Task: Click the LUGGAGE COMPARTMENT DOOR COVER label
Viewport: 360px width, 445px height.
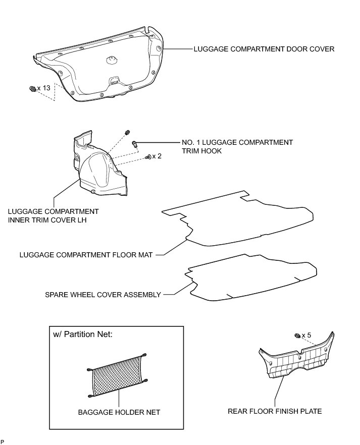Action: tap(264, 49)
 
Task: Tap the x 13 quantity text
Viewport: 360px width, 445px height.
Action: tap(44, 88)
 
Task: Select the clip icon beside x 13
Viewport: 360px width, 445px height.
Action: tap(33, 89)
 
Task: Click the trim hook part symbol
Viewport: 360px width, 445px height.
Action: tap(135, 145)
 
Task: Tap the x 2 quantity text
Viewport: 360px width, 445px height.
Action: tap(157, 156)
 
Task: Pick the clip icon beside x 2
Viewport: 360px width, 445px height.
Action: tap(147, 157)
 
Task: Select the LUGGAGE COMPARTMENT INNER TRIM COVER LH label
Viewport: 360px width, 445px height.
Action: tap(53, 215)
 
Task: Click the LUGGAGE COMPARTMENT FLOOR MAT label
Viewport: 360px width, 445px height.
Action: tap(86, 255)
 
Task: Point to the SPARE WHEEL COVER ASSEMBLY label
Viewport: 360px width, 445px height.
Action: tap(102, 295)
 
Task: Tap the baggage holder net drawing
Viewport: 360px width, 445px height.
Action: tap(117, 374)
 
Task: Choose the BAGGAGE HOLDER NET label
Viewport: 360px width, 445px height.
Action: tap(119, 412)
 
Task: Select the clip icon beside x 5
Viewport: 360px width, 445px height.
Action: tap(297, 336)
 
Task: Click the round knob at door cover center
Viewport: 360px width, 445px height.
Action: tap(112, 60)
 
